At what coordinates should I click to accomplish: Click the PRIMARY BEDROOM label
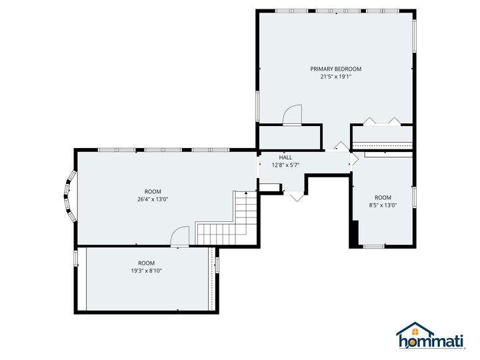coord(335,69)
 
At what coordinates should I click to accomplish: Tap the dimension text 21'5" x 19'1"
coord(335,77)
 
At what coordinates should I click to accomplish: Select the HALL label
coord(285,157)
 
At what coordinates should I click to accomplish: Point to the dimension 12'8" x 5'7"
coord(285,165)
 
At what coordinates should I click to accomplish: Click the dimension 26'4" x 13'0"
coord(153,199)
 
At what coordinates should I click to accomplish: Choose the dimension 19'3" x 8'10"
coord(146,271)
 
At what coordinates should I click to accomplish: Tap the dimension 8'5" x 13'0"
coord(383,205)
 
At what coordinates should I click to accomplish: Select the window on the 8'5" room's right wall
coord(414,197)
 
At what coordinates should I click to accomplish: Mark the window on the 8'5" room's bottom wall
coord(373,247)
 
